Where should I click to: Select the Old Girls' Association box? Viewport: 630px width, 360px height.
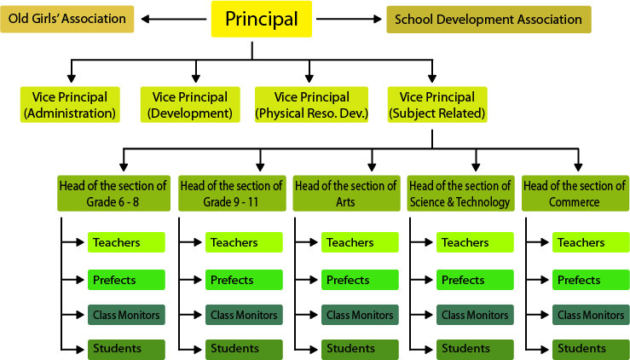click(67, 19)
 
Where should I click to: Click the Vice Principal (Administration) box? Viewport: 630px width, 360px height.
click(70, 104)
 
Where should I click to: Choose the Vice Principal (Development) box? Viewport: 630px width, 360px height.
click(188, 104)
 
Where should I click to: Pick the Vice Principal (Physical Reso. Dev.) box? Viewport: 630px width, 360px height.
click(310, 104)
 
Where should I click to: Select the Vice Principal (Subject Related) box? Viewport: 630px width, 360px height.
click(436, 104)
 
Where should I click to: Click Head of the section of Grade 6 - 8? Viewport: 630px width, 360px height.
click(113, 194)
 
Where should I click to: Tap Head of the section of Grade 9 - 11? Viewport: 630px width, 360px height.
click(230, 194)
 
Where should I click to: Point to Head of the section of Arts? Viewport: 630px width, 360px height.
click(344, 194)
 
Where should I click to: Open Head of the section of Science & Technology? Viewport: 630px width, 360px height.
click(459, 194)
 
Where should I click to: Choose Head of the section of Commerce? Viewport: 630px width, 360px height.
click(574, 194)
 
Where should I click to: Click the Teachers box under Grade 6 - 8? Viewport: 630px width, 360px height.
click(125, 243)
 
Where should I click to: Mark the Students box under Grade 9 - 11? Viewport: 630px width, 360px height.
click(242, 348)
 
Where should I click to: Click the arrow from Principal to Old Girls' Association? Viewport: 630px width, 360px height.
click(173, 19)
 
